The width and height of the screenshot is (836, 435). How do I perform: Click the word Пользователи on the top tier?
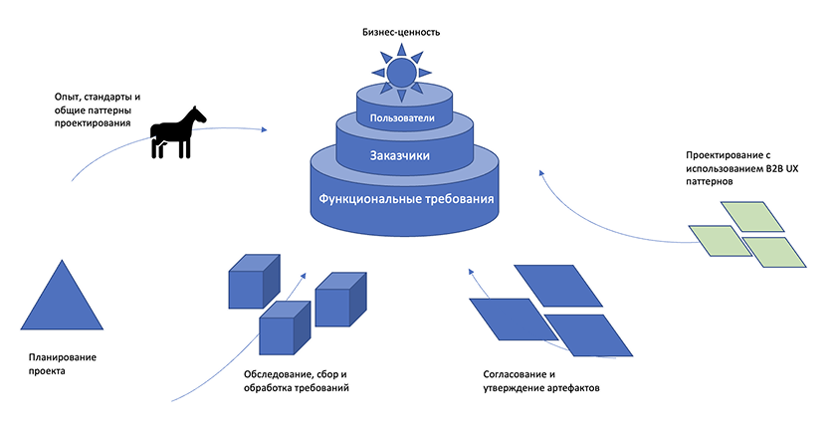click(401, 120)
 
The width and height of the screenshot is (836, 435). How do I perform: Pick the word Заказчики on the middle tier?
click(401, 156)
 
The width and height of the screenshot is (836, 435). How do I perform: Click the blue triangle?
click(62, 298)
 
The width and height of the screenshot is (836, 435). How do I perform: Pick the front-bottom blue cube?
click(285, 327)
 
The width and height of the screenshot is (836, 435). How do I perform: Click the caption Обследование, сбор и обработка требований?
click(297, 380)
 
